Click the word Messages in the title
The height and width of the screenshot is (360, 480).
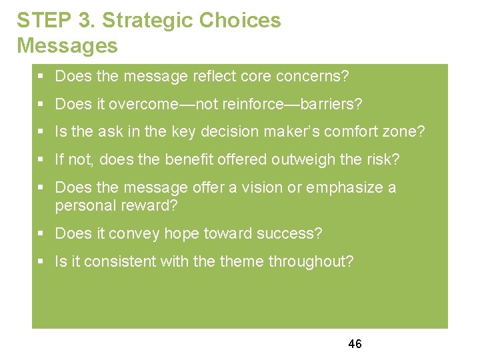coord(67,46)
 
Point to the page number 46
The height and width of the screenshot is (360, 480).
coord(355,344)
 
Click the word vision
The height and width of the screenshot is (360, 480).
coord(262,188)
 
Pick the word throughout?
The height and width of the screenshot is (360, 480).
coord(311,262)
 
